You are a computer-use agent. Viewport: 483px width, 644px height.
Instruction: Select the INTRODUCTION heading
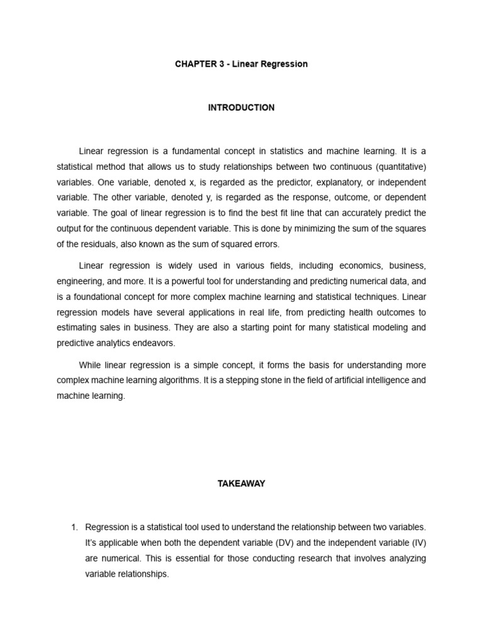click(241, 108)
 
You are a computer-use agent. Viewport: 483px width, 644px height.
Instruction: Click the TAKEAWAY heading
click(241, 484)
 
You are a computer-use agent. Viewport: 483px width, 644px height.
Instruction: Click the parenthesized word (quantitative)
click(399, 167)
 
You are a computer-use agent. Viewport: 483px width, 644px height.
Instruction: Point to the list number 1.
click(75, 527)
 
